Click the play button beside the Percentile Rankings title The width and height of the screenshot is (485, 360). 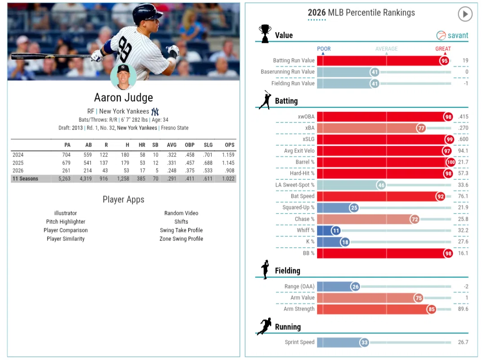465,14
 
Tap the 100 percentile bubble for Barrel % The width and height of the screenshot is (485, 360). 451,162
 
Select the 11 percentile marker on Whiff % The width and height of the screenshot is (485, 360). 336,230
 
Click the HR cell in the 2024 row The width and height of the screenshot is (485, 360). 142,155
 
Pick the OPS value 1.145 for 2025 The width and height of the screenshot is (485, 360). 228,163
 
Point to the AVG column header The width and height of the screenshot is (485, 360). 172,145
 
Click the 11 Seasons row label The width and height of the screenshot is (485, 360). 25,178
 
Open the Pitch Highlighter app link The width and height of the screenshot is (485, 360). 66,222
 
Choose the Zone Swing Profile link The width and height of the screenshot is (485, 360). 181,239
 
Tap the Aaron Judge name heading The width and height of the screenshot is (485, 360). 123,98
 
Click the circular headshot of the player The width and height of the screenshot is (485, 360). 123,76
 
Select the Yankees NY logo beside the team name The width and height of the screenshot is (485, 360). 155,111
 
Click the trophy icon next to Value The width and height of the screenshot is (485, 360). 265,33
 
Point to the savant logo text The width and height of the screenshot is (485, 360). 458,36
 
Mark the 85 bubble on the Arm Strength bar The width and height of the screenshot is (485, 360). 432,309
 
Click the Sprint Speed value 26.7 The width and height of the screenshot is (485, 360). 463,342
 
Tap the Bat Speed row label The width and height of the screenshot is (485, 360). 303,196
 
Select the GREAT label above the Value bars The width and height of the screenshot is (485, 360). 443,49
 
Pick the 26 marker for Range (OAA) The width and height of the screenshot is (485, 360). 355,287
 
